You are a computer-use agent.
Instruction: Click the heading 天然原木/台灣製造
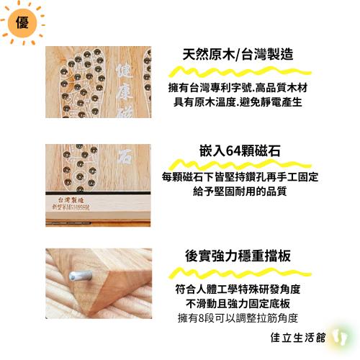tap(238, 55)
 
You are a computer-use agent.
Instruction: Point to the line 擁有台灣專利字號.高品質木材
tap(238, 87)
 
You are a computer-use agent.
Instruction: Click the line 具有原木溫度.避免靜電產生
tap(238, 102)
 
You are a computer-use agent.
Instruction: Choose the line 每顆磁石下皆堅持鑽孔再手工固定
tap(240, 176)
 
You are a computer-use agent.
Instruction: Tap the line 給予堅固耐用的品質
tap(240, 192)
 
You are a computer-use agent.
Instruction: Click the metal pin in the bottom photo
tap(75, 274)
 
